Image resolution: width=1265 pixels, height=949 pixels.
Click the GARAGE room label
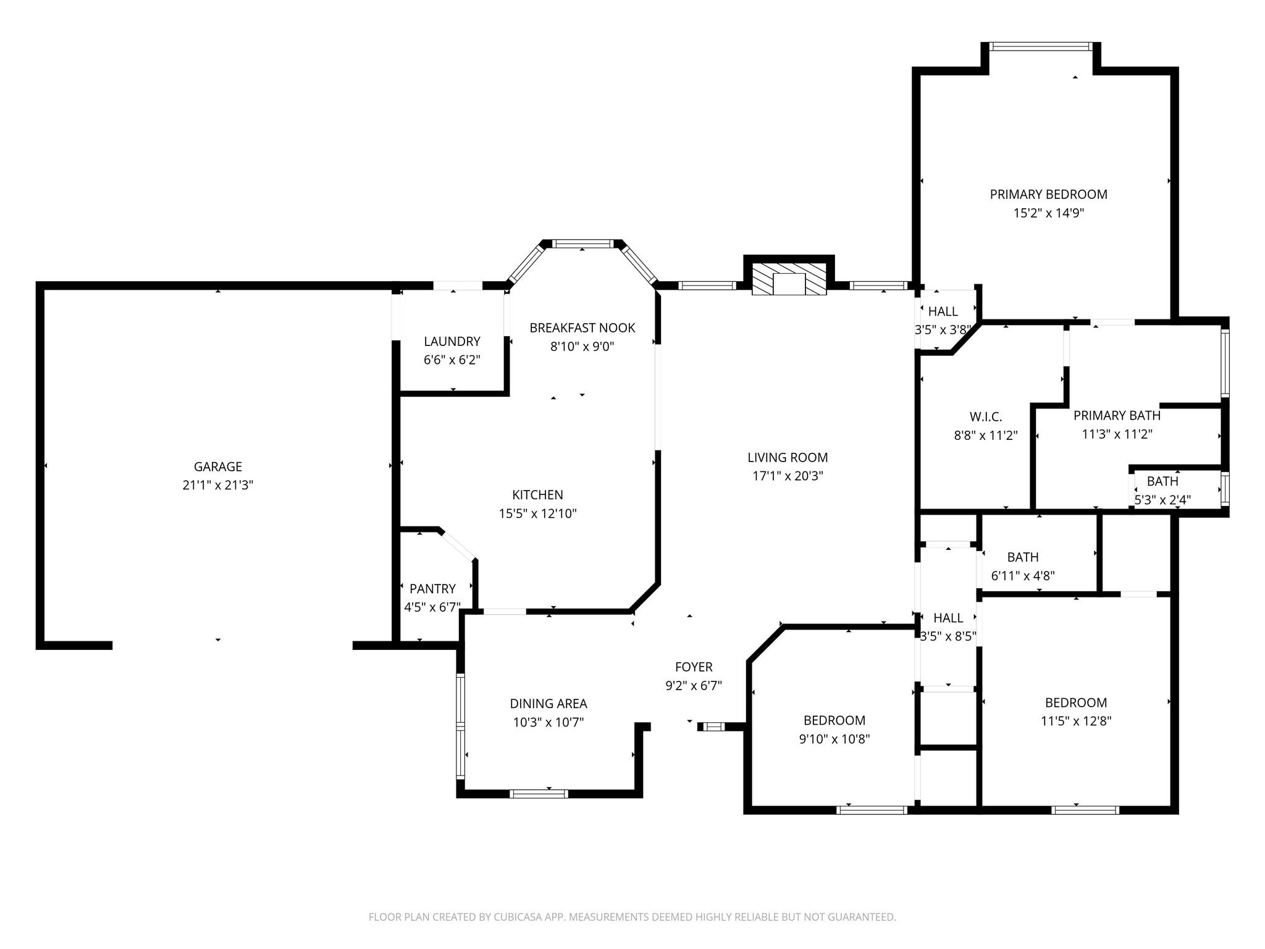point(218,466)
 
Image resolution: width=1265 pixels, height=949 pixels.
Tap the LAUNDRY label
point(452,341)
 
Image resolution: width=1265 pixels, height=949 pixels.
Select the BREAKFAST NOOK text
point(582,327)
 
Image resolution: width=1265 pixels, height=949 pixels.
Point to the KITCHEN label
point(537,494)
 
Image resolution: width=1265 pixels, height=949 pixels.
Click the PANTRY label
point(432,589)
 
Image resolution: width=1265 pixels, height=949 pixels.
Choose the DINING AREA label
point(548,703)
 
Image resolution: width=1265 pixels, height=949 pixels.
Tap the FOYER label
point(694,667)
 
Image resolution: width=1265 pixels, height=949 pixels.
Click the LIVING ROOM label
point(788,457)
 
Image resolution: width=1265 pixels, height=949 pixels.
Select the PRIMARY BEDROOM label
point(1049,194)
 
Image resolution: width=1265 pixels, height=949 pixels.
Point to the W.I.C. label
point(986,417)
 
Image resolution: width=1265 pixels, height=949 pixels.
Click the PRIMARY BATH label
point(1117,415)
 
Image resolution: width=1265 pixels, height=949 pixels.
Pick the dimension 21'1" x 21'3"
point(218,485)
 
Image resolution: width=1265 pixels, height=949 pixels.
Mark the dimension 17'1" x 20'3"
point(788,476)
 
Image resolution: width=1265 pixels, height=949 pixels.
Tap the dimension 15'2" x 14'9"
point(1049,213)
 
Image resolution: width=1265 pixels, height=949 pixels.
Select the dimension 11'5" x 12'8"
point(1076,721)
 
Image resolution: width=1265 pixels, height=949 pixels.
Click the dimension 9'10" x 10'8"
point(834,739)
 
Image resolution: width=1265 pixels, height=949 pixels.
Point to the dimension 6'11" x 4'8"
point(1023,576)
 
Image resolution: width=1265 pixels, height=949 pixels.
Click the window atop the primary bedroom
point(1041,46)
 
